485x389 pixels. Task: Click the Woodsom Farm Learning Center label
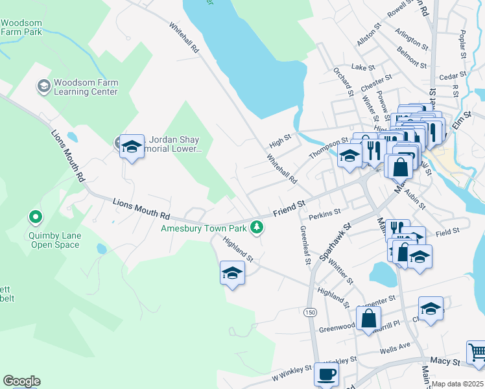coord(86,87)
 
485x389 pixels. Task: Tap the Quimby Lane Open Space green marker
coord(36,217)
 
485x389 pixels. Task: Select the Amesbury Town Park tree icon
coord(257,227)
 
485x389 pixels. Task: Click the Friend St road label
coord(289,207)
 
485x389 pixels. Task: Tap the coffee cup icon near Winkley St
coord(326,374)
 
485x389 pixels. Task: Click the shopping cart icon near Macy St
coord(477,352)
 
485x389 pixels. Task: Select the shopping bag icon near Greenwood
coord(368,318)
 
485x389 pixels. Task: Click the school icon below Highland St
coord(232,273)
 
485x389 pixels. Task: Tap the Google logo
coord(21,381)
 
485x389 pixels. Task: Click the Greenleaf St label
coord(304,245)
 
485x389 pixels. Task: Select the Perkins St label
coord(325,214)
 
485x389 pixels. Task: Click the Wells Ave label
coord(395,348)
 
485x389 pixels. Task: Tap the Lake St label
coord(363,67)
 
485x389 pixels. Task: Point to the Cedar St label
coord(448,77)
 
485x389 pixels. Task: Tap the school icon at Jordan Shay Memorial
coord(132,147)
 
